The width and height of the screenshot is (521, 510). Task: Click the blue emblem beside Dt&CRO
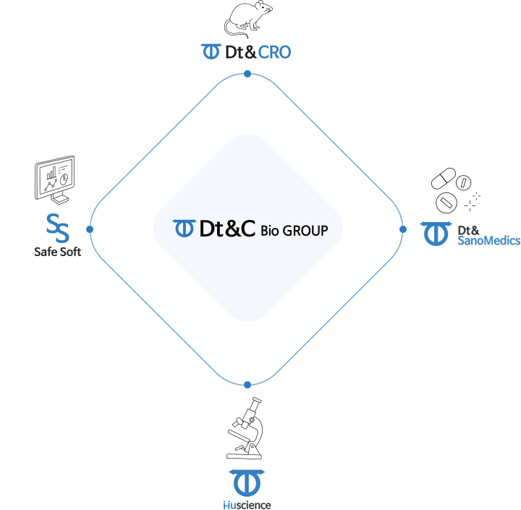(210, 52)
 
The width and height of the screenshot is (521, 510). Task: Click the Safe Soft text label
(58, 252)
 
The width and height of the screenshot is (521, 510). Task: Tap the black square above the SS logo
(55, 179)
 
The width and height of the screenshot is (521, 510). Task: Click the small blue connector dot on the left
(89, 229)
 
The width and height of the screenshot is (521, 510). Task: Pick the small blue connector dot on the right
(402, 229)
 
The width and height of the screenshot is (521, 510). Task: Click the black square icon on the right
(456, 190)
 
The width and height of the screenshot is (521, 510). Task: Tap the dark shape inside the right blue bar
(468, 230)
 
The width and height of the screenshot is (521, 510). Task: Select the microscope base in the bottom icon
(245, 451)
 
